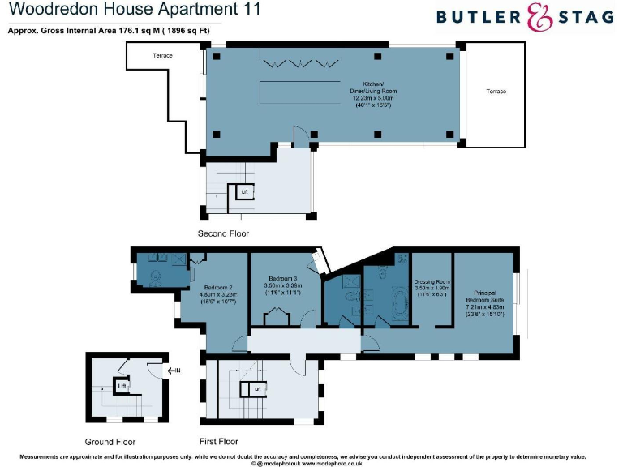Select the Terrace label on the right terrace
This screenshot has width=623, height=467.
click(496, 92)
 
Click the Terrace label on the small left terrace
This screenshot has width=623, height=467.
click(163, 56)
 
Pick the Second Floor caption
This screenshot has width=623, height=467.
click(223, 233)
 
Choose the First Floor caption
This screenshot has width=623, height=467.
click(218, 442)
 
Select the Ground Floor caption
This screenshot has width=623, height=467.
click(110, 442)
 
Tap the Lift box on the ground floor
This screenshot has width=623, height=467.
click(121, 387)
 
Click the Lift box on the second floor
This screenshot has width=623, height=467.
click(244, 191)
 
